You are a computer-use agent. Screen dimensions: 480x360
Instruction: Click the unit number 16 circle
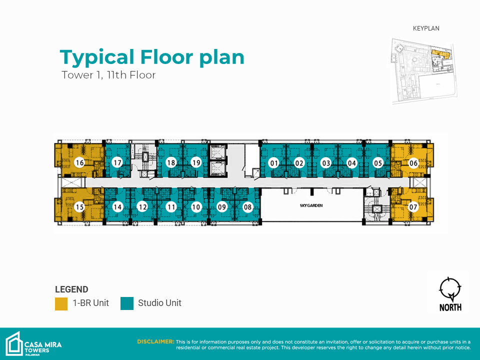click(79, 162)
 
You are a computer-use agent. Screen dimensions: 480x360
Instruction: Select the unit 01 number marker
click(273, 163)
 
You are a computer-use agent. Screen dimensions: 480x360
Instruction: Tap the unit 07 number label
click(413, 207)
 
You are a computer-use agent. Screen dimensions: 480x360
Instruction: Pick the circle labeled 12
click(142, 207)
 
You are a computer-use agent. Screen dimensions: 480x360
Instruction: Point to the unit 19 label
click(196, 162)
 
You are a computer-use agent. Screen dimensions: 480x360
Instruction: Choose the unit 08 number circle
click(247, 207)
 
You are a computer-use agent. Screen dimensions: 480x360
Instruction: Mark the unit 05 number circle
click(378, 163)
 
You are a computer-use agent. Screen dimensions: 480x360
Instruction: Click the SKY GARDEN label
click(311, 205)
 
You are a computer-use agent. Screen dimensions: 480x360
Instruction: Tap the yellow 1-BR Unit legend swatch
click(61, 303)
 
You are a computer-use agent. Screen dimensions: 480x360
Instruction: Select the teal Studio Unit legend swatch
click(127, 303)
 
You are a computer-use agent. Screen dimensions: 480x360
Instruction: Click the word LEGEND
click(71, 289)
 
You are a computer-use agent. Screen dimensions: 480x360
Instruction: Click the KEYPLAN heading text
click(426, 28)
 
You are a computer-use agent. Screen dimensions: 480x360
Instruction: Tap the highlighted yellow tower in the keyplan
click(440, 54)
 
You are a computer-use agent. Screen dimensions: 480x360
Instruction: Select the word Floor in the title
click(167, 57)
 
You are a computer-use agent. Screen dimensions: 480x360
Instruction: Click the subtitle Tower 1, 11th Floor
click(108, 75)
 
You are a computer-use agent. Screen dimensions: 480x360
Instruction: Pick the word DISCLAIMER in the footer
click(155, 341)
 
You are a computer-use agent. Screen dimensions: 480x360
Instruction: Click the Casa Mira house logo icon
click(14, 344)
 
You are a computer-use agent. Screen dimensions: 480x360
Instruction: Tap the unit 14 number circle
click(117, 207)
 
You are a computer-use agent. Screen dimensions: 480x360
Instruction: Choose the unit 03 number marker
click(326, 163)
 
